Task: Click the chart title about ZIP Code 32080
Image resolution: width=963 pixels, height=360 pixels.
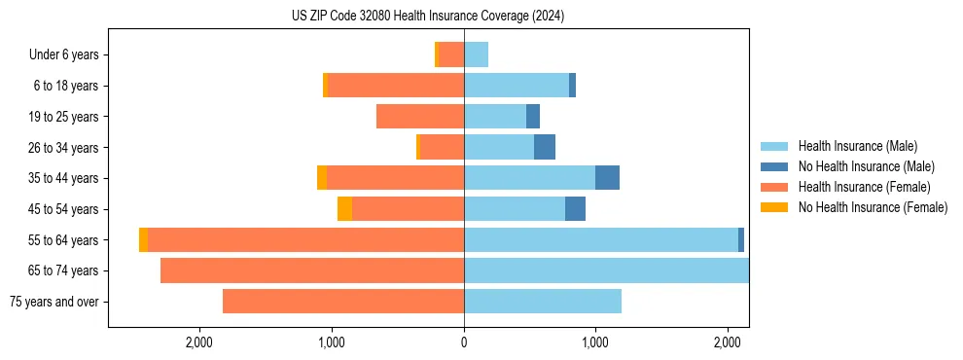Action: point(428,17)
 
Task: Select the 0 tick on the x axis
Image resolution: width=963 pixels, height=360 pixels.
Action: point(464,342)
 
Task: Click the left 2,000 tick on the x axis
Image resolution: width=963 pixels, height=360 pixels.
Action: point(199,342)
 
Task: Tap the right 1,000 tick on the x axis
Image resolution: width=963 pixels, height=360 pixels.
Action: point(595,342)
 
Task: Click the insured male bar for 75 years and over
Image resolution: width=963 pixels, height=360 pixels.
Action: point(543,302)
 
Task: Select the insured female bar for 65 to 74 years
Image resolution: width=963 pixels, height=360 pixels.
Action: point(312,270)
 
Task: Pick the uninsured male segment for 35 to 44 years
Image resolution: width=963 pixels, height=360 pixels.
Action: point(607,178)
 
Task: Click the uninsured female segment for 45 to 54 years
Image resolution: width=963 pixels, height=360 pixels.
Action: point(344,209)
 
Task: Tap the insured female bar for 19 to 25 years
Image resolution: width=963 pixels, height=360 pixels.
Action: point(420,117)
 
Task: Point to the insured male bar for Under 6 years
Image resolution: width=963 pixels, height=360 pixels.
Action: point(476,55)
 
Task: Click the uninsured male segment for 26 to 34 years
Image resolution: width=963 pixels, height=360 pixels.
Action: point(545,148)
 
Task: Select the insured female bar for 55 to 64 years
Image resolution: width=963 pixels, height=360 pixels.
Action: point(305,240)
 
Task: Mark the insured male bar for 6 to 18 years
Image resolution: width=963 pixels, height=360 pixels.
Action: point(517,86)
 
